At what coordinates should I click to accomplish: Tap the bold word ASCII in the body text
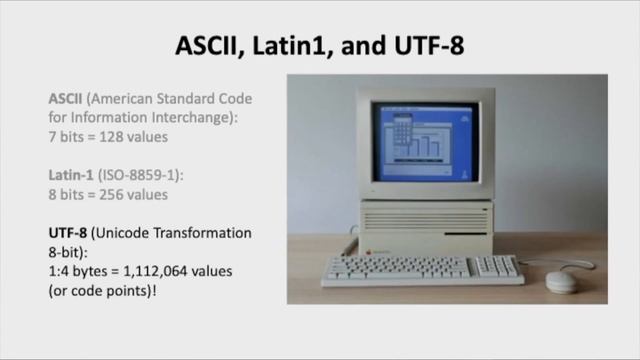tap(67, 99)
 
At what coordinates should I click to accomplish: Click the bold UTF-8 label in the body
tap(70, 233)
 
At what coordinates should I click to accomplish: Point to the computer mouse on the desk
tap(562, 281)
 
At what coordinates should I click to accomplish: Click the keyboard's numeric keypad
tap(495, 266)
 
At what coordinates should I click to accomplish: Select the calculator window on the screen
tap(401, 128)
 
